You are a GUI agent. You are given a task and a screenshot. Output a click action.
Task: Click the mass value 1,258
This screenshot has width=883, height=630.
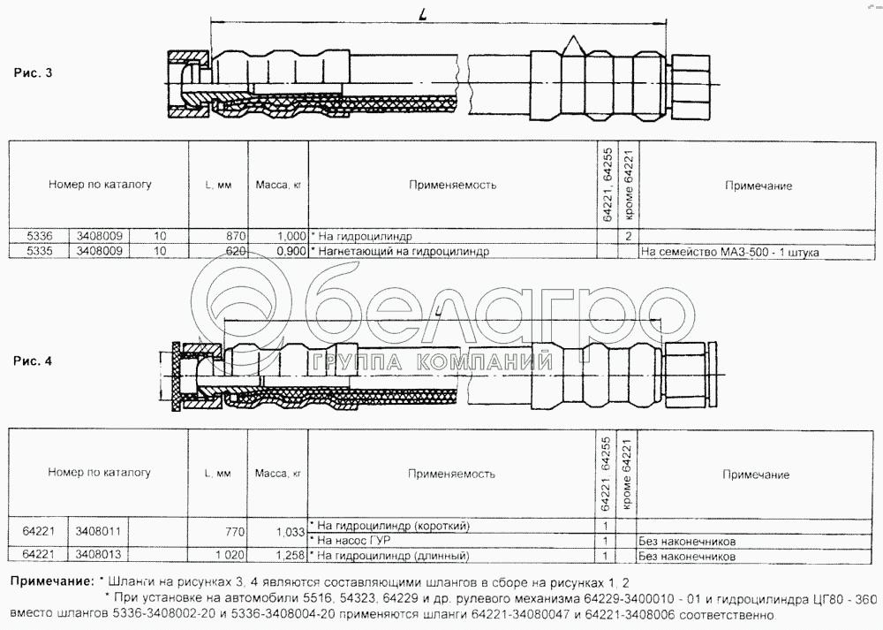click(288, 556)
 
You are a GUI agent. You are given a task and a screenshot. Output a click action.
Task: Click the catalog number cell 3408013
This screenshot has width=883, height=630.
click(99, 556)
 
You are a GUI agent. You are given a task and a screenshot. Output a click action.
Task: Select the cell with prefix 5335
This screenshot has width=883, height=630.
click(41, 251)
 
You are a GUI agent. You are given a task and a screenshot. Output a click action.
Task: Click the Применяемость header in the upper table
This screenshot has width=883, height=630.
click(453, 186)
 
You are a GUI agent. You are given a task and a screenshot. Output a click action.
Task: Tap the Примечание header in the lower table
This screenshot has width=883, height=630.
click(756, 475)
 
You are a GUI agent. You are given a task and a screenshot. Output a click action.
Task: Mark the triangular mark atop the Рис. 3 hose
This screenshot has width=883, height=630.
click(572, 43)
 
